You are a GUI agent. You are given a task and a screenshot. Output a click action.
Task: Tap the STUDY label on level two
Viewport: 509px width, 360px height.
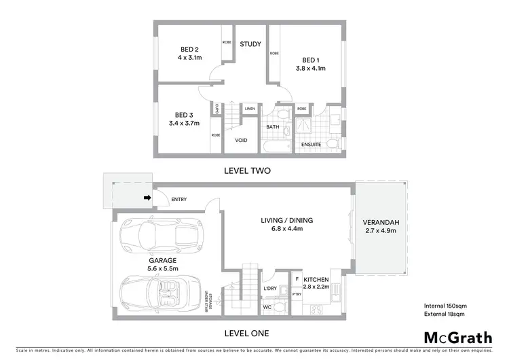click(250, 44)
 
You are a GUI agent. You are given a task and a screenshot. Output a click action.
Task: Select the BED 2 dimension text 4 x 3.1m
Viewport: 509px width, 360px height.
click(189, 58)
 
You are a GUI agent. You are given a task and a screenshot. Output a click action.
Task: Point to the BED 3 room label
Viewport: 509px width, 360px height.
click(184, 115)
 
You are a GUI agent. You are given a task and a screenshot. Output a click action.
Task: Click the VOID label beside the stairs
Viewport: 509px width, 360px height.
click(241, 141)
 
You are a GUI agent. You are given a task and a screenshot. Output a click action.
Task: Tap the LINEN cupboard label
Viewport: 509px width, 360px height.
click(250, 108)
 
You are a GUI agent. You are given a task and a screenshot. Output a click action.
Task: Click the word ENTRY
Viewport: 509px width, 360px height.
click(179, 199)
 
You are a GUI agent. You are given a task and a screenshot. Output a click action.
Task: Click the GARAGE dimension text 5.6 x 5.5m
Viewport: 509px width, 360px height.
click(163, 269)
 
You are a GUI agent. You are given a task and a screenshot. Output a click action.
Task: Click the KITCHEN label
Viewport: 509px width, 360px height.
click(316, 279)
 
